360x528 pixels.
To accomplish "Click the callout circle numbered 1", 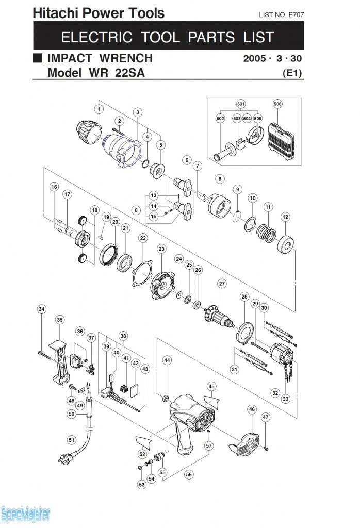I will pyautogui.click(x=98, y=109).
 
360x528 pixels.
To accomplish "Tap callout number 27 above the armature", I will pyautogui.click(x=222, y=284).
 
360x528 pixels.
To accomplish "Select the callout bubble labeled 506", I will pyautogui.click(x=278, y=104).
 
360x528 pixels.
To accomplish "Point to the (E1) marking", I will pyautogui.click(x=292, y=73).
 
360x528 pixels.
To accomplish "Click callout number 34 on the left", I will pyautogui.click(x=42, y=309).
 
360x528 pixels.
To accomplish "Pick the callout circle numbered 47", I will pyautogui.click(x=265, y=417).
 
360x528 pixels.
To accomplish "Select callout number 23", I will pyautogui.click(x=162, y=249).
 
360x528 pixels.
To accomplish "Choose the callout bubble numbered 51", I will pyautogui.click(x=71, y=439).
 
